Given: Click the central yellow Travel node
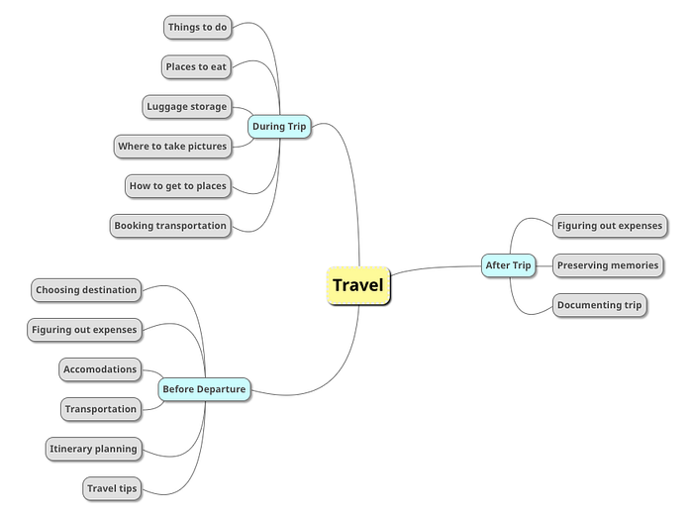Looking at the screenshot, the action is [x=358, y=285].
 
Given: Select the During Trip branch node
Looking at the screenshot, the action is [x=279, y=127].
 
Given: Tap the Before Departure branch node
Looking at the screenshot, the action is [x=204, y=389].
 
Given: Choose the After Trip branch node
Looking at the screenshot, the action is [x=508, y=265].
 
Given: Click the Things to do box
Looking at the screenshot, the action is [x=198, y=27].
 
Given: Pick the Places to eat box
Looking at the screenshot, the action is [x=196, y=66].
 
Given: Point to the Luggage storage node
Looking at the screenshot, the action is [x=187, y=107].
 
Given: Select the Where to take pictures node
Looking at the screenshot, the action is [x=172, y=147].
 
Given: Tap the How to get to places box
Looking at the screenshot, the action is [x=178, y=186].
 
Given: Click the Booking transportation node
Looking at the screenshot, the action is [x=170, y=226].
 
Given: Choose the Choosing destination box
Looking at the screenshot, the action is [x=86, y=290].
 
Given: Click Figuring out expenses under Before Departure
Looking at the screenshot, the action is [x=84, y=330].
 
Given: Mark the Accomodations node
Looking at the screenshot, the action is [x=100, y=369].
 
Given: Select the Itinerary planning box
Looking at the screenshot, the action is [x=94, y=449].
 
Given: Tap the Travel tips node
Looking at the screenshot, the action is [x=112, y=488].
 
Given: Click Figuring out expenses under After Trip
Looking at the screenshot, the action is [x=610, y=226].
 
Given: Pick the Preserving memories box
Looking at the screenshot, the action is [x=608, y=265].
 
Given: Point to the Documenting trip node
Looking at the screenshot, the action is [x=600, y=305].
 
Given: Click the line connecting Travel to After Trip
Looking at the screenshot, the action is [x=436, y=267].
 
